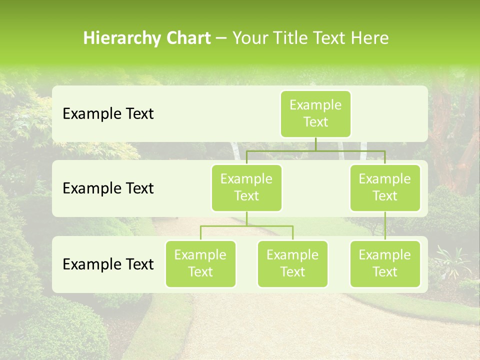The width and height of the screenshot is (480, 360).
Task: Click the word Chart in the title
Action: pos(187,38)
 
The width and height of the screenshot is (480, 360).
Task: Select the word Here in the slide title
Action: pos(370,38)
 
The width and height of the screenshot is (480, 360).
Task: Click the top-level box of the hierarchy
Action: pos(315,114)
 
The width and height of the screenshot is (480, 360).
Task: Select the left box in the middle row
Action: pos(246,188)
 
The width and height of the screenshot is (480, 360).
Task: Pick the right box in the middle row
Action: pos(385,188)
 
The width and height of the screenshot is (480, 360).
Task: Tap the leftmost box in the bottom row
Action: pos(200,264)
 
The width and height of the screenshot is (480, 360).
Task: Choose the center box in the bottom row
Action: pos(292,264)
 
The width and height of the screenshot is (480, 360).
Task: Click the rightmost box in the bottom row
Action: pos(385,264)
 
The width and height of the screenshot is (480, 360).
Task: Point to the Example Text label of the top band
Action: pos(108,114)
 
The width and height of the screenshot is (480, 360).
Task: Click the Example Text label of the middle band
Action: pos(108,188)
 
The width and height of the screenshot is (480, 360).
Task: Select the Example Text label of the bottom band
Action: pos(108,264)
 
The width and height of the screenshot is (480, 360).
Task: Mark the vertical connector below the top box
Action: pos(315,144)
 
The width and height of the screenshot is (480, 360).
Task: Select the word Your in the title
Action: pos(249,38)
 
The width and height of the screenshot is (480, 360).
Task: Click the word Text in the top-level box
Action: pos(315,122)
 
